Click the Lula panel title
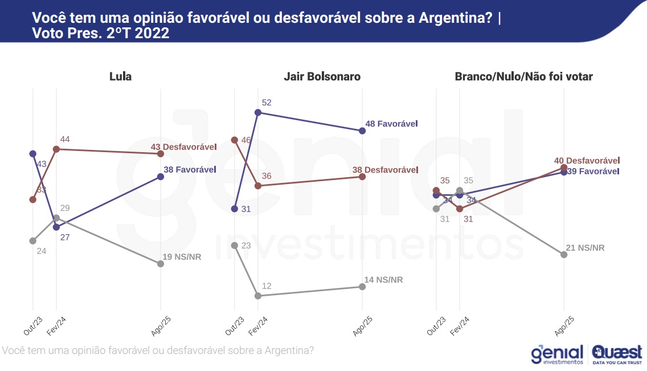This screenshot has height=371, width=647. (120, 76)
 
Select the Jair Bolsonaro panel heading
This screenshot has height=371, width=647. (322, 76)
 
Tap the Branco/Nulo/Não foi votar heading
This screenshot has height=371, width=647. (523, 76)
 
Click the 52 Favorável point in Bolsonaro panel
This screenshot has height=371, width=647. (258, 113)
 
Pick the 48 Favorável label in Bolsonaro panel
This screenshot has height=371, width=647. (391, 123)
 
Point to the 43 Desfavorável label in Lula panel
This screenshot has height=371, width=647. (183, 146)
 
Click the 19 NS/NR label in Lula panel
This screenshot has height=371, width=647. (182, 256)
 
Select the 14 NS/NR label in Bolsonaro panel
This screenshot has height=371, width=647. (383, 279)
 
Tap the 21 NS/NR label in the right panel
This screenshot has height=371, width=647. (585, 247)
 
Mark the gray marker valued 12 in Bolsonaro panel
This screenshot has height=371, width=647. (258, 296)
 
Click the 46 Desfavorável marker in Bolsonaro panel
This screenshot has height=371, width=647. (234, 140)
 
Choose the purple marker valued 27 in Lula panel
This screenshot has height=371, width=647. (56, 227)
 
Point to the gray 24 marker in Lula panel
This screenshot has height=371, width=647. (32, 240)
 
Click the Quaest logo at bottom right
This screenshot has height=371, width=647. (617, 354)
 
